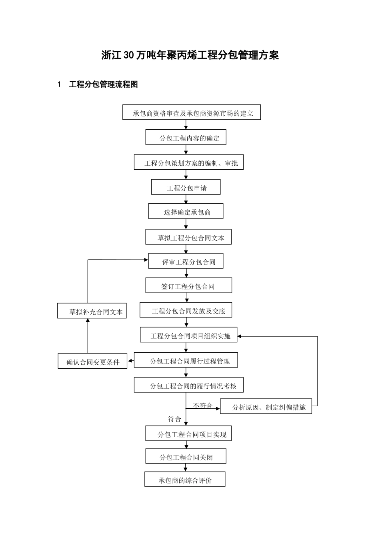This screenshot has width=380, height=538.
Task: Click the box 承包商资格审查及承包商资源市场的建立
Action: tap(192, 112)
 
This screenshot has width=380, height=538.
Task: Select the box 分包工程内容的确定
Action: tap(186, 137)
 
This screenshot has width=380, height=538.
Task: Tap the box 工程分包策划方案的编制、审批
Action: tap(188, 162)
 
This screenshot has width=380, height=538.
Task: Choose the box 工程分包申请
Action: tap(186, 187)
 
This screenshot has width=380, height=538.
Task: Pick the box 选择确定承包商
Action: tap(186, 211)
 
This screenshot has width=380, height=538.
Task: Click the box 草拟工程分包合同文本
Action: tap(188, 237)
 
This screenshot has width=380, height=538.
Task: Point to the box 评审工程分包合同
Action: tap(186, 261)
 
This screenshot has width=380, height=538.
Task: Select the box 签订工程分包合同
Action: tap(188, 286)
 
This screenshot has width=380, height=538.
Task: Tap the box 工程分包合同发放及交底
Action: tap(186, 310)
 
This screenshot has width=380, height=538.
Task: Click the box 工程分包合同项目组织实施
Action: tap(188, 335)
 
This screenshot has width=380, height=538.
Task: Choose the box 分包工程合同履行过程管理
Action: tap(186, 360)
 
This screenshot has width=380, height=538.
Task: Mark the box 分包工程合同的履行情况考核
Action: tap(188, 385)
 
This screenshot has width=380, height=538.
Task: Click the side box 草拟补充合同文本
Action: tap(92, 311)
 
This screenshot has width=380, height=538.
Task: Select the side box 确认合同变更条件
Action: tap(92, 361)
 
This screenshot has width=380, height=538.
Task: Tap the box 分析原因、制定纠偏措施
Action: tap(266, 406)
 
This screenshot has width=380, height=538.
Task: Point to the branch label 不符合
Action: tap(203, 406)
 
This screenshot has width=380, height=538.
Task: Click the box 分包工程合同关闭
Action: tap(186, 456)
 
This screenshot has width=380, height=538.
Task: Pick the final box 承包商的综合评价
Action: tap(185, 480)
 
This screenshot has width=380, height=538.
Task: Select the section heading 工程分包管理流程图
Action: tap(104, 84)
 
